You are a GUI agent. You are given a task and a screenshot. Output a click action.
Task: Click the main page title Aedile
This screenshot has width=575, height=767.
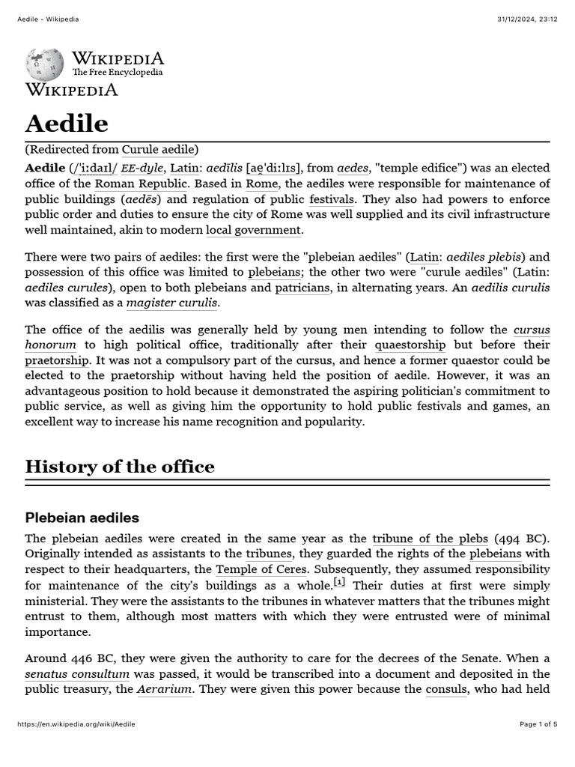point(67,123)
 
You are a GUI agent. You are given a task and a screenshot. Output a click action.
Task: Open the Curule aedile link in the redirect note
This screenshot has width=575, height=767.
point(159,150)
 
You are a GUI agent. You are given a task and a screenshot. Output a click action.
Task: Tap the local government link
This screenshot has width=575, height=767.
point(254,230)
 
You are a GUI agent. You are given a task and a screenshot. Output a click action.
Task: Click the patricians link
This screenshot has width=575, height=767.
point(302,288)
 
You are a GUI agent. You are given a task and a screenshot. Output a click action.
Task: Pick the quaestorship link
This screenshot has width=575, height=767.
point(410,345)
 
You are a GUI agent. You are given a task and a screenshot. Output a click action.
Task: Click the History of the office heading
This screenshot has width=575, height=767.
point(120,467)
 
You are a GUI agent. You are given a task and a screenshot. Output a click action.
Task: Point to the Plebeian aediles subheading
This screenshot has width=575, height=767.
point(82,518)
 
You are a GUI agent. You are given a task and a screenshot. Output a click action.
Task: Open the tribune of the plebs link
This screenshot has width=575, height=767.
point(430,539)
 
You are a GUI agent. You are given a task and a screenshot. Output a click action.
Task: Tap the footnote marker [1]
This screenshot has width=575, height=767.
point(339,583)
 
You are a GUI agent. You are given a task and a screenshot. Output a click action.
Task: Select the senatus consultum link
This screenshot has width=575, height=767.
point(77,674)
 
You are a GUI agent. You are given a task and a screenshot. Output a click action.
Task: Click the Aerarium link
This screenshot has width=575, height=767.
point(164,689)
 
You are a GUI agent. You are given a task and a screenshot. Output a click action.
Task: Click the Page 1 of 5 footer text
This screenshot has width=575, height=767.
point(538,724)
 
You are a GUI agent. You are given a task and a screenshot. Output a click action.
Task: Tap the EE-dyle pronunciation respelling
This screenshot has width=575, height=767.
point(142,169)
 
